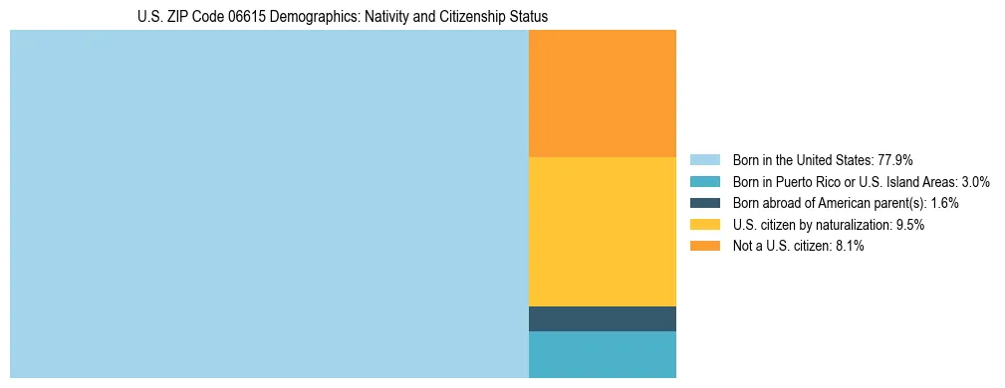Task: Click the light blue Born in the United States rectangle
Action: click(x=269, y=204)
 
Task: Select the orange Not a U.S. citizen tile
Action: click(x=602, y=94)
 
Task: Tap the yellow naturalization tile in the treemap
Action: click(x=602, y=231)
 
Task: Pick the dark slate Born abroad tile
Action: click(x=602, y=318)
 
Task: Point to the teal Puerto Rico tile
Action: click(x=602, y=354)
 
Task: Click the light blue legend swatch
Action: click(x=704, y=159)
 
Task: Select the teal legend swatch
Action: click(x=704, y=181)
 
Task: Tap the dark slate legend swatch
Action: click(x=704, y=203)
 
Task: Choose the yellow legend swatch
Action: click(x=704, y=225)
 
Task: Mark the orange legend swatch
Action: click(x=704, y=247)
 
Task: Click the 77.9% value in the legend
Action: click(x=895, y=159)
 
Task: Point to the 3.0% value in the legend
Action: click(x=974, y=181)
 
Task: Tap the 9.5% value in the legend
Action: click(x=910, y=225)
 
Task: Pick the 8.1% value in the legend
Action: click(x=850, y=247)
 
